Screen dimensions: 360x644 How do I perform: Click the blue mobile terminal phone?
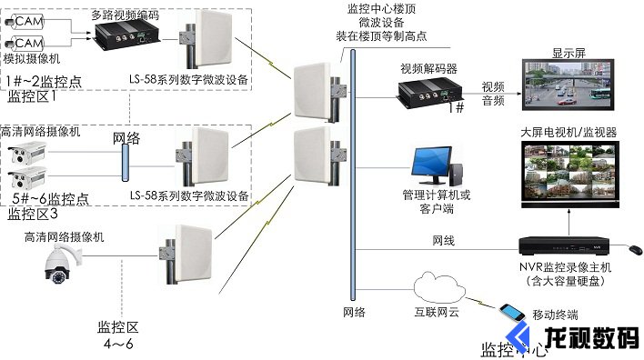pos(515,318)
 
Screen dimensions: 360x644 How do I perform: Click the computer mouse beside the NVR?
pos(631,247)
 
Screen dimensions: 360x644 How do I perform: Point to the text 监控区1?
pos(32,95)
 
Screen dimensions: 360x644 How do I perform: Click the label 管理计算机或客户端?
pos(437,201)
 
